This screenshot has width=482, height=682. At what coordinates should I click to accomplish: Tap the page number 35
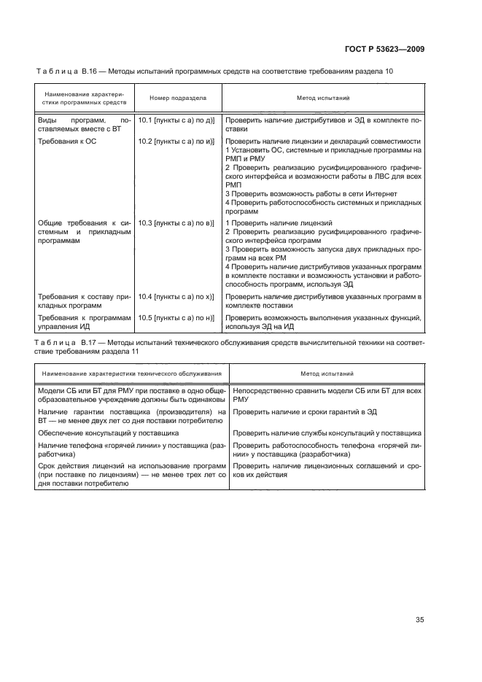click(x=419, y=620)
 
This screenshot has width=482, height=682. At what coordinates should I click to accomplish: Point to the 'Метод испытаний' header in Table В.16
click(x=322, y=97)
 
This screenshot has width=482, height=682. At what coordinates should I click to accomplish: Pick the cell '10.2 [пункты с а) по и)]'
click(x=176, y=140)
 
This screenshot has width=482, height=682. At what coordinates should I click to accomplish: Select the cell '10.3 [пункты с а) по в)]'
click(x=176, y=222)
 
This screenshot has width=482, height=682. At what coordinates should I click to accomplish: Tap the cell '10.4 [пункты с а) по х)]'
click(x=176, y=297)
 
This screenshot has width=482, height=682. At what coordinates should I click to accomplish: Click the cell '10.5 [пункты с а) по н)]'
click(x=176, y=318)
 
